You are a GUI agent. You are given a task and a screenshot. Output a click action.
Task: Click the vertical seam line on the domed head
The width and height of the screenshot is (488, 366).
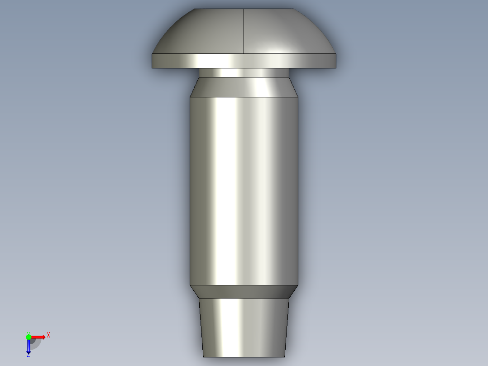pos(244,32)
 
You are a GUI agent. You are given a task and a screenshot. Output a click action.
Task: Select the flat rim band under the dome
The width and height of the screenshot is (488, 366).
pos(244,61)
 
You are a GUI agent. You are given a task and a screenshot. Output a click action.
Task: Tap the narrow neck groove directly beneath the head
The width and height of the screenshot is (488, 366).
pos(244,72)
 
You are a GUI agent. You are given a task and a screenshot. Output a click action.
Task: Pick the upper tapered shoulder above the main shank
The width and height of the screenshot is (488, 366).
pos(244,87)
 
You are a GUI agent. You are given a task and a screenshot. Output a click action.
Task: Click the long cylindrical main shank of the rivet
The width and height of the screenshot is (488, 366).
pos(244,190)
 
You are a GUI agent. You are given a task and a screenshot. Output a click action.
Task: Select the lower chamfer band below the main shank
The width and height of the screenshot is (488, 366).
pos(244,291)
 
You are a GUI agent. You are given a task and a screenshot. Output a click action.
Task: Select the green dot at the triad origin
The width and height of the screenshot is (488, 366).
pos(29,337)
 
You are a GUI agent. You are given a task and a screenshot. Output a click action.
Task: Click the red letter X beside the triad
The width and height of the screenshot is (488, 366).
pos(48,335)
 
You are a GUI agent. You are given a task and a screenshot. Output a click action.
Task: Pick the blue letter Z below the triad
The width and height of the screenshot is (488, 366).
pos(28,356)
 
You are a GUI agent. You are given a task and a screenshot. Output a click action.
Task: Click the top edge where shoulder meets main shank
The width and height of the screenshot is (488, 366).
pos(244,97)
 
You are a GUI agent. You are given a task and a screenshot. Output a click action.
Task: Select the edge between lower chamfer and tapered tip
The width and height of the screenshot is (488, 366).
pos(244,298)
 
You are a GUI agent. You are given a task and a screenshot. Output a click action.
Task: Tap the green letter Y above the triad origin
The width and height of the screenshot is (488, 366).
pos(28,333)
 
